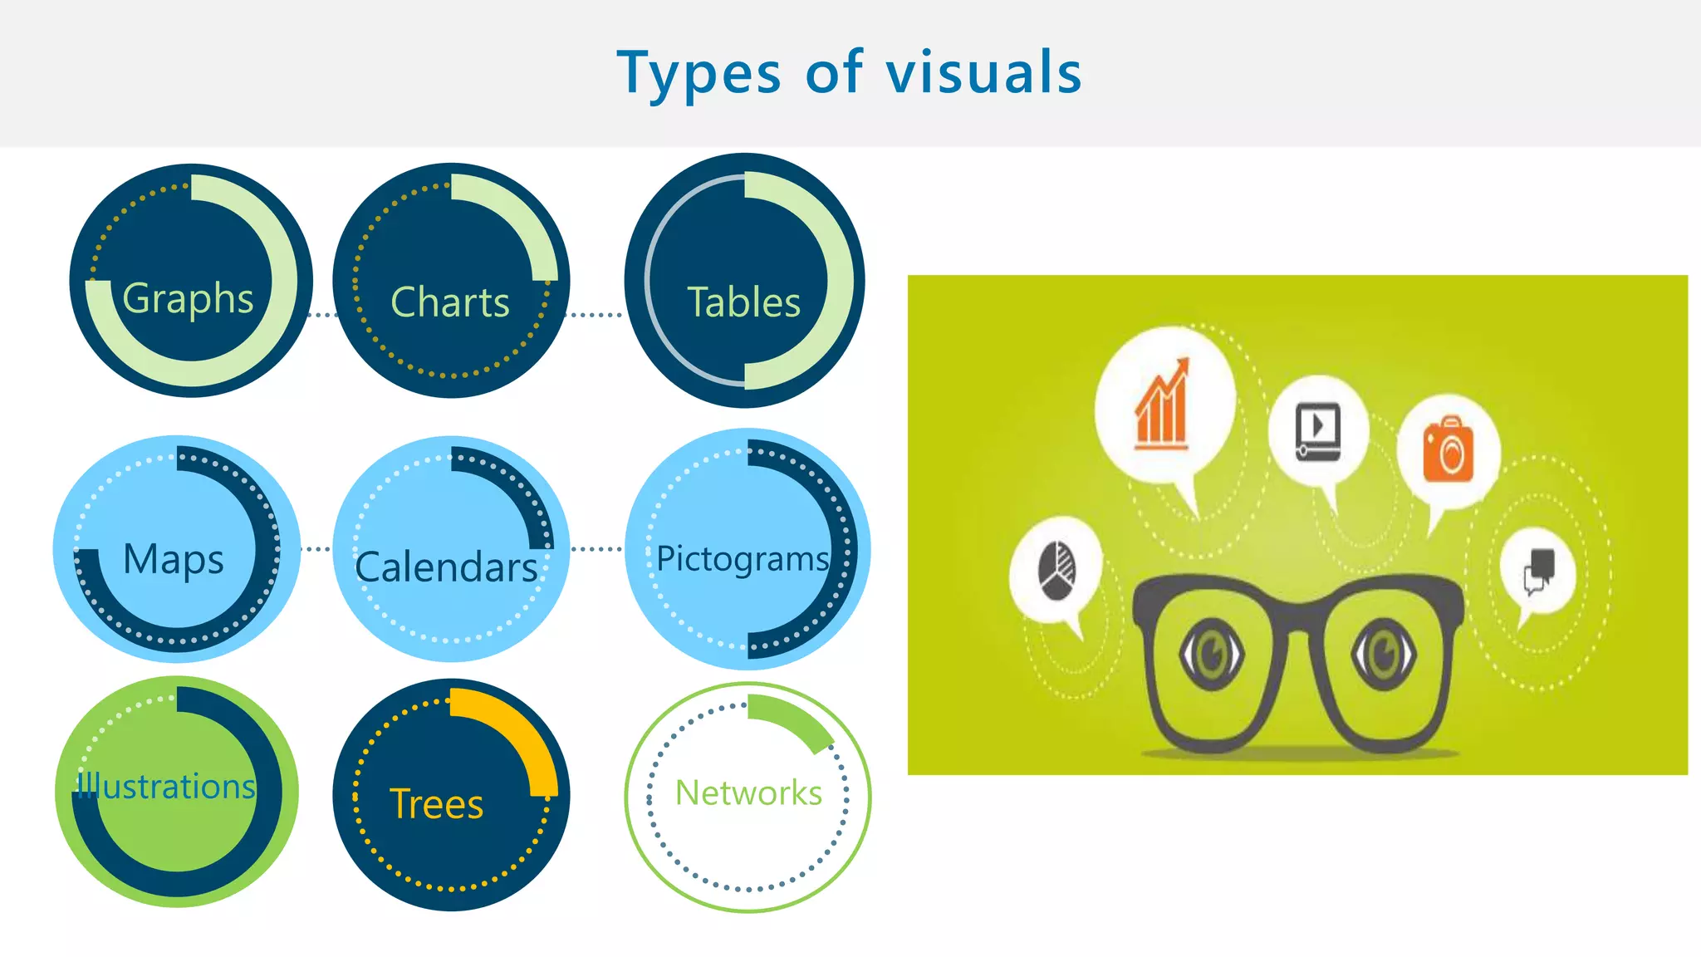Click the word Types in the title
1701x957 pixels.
(699, 73)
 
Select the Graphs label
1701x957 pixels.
(188, 298)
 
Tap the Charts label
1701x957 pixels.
(449, 302)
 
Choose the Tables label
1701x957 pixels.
(744, 302)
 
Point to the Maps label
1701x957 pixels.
(174, 559)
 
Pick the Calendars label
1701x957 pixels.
(446, 567)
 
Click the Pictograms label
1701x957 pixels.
(742, 559)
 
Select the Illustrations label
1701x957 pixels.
(166, 786)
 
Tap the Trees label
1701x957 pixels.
(437, 804)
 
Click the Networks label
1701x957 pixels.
(748, 793)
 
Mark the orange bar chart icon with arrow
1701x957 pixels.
(1163, 405)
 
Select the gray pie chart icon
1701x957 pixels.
(1056, 571)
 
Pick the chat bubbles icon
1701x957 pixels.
(1539, 571)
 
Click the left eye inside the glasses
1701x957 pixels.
(1212, 654)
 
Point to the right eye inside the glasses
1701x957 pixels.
(1383, 654)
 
